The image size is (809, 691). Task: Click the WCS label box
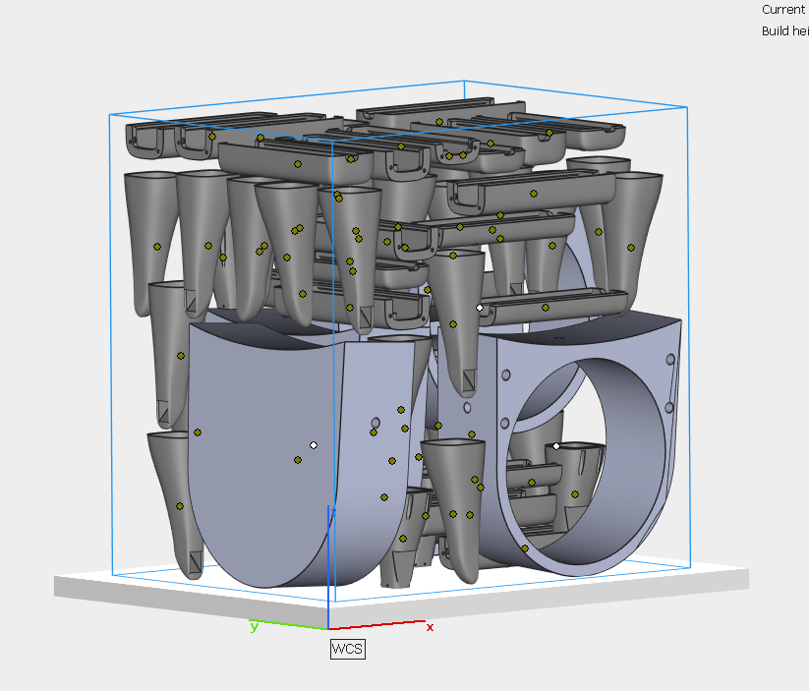click(347, 649)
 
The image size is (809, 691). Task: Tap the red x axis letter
click(430, 627)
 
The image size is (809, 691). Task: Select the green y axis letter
click(254, 625)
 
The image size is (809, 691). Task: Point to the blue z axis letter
click(334, 512)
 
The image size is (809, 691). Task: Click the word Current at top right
click(784, 9)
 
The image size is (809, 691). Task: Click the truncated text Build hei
click(784, 31)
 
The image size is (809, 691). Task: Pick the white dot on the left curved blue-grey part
click(314, 445)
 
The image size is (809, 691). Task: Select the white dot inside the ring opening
click(556, 446)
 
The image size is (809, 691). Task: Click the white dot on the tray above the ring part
click(480, 308)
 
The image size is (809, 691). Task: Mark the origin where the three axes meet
click(328, 628)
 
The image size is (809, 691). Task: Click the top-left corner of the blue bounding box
click(109, 114)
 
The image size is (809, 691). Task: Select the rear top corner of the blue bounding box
click(464, 82)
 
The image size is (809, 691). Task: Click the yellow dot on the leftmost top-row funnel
click(156, 247)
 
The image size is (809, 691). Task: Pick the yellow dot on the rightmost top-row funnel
click(631, 246)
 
